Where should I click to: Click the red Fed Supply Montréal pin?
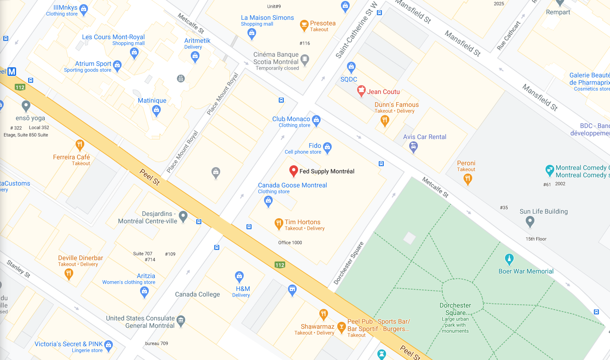pos(293,171)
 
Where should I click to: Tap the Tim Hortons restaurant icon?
pos(278,224)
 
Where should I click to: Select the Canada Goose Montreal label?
pos(292,185)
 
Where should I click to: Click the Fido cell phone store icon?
pos(327,148)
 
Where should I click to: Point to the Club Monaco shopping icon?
pos(316,121)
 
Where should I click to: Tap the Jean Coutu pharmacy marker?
pos(362,91)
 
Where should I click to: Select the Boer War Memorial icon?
pos(509,259)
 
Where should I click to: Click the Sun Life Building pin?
pos(530,222)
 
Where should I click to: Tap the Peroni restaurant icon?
pos(468,179)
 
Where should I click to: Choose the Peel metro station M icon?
pos(12,72)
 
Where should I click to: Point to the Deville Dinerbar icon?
pos(69,274)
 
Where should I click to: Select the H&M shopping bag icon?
pos(239,276)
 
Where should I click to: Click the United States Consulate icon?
pos(181,320)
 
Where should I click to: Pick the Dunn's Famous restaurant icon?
pos(385,121)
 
